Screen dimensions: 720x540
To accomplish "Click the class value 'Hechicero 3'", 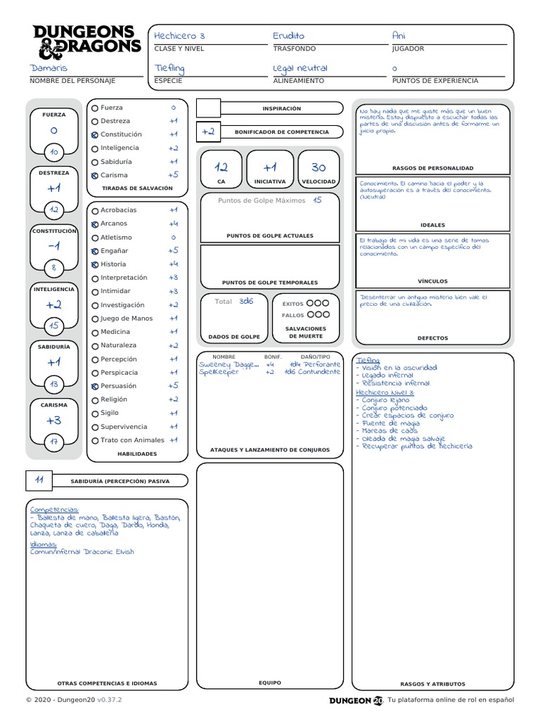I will pyautogui.click(x=180, y=35).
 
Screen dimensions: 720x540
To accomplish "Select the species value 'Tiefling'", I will pyautogui.click(x=169, y=67).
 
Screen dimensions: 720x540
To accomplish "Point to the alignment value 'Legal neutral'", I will pyautogui.click(x=300, y=67).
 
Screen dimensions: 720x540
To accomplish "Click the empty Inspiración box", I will pyautogui.click(x=208, y=108).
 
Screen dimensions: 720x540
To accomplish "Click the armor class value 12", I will pyautogui.click(x=221, y=167).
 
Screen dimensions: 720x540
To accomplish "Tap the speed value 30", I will pyautogui.click(x=319, y=167).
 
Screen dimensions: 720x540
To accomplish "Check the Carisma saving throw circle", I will pyautogui.click(x=95, y=175).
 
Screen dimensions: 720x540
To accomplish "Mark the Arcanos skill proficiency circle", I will pyautogui.click(x=95, y=224).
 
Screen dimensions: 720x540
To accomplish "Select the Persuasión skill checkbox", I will pyautogui.click(x=95, y=386).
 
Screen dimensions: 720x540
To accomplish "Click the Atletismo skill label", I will pyautogui.click(x=116, y=237).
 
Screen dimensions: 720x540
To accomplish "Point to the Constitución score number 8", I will pyautogui.click(x=54, y=267).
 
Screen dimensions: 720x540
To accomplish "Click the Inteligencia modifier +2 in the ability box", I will pyautogui.click(x=54, y=304).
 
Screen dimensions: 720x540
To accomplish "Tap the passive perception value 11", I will pyautogui.click(x=39, y=480).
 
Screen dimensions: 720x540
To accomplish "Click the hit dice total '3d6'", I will pyautogui.click(x=245, y=301).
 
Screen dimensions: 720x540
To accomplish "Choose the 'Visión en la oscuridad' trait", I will pyautogui.click(x=399, y=368).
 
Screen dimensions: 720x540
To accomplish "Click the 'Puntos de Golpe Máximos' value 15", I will pyautogui.click(x=317, y=200).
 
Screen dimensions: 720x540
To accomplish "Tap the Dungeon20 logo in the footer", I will pyautogui.click(x=356, y=700).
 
